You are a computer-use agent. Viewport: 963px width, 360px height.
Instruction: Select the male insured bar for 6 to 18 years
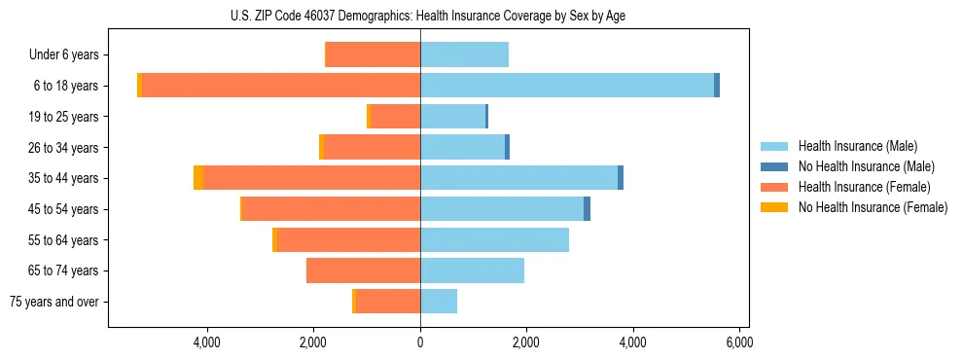click(567, 86)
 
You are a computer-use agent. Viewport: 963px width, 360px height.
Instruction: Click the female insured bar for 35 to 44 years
click(311, 178)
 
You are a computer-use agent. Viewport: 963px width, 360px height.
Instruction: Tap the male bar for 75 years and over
click(439, 302)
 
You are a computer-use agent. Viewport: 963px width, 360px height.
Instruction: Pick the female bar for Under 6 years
click(373, 54)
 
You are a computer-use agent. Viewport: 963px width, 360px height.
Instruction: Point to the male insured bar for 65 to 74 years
click(472, 270)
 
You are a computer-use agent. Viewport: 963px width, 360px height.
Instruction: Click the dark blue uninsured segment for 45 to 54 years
click(587, 209)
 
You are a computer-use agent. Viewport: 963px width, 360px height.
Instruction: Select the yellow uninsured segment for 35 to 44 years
click(198, 178)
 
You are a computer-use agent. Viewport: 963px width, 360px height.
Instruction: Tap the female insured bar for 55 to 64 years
click(348, 240)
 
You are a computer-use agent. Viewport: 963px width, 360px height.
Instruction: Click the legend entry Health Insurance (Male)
click(857, 146)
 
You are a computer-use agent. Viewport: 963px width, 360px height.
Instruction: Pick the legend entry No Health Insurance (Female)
click(873, 207)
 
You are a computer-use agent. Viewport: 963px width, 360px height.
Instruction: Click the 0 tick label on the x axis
click(420, 343)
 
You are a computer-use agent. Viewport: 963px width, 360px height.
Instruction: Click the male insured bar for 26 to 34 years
click(462, 147)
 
